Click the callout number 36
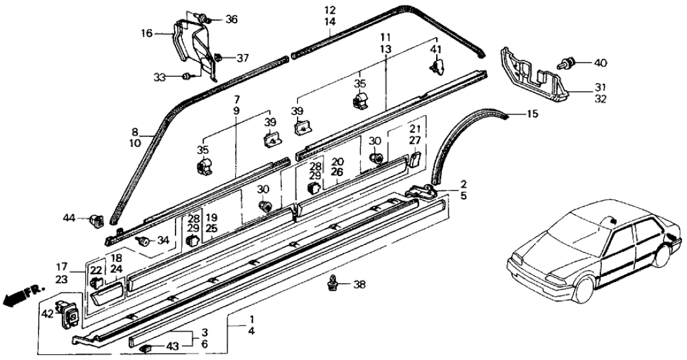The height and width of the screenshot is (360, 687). pos(231,19)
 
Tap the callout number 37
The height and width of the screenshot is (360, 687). pos(242,58)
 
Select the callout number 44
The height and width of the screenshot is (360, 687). pos(70,217)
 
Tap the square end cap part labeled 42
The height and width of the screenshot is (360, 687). pos(70,313)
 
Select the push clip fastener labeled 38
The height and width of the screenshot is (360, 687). pos(335,282)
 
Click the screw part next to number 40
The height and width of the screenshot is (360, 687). pos(567,64)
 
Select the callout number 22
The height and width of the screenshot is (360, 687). pos(96,270)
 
